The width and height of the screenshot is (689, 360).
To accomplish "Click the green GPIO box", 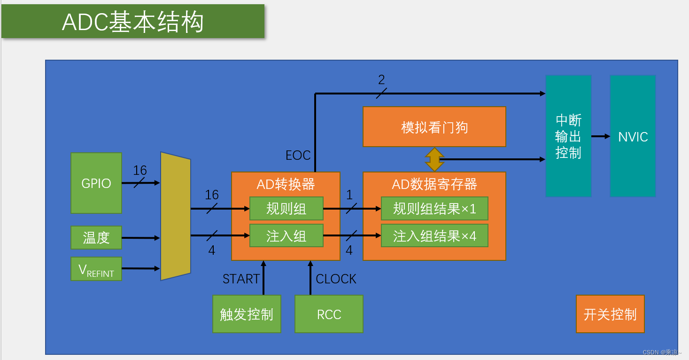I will pyautogui.click(x=96, y=183).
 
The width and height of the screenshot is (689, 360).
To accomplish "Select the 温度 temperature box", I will pyautogui.click(x=96, y=237).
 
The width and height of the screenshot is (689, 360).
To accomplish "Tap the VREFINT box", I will pyautogui.click(x=96, y=269).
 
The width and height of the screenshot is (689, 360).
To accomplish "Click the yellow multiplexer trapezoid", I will pyautogui.click(x=176, y=216).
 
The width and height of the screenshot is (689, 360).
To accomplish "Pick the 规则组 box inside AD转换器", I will pyautogui.click(x=286, y=209).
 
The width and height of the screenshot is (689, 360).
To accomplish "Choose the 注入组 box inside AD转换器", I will pyautogui.click(x=286, y=235).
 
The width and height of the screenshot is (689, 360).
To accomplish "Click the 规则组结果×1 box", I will pyautogui.click(x=434, y=209).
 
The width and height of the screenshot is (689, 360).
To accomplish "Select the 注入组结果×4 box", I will pyautogui.click(x=434, y=235).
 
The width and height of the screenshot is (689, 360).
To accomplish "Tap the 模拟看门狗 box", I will pyautogui.click(x=434, y=127).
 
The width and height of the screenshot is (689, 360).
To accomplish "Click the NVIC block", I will pyautogui.click(x=633, y=136).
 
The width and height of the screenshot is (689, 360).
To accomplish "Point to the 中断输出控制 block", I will pyautogui.click(x=568, y=136).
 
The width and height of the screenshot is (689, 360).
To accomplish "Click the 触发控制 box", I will pyautogui.click(x=247, y=314).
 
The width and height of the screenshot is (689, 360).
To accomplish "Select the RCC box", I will pyautogui.click(x=329, y=314).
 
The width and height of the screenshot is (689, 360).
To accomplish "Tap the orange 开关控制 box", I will pyautogui.click(x=610, y=314).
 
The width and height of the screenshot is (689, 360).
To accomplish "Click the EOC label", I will pyautogui.click(x=298, y=155).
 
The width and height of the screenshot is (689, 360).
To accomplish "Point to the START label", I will pyautogui.click(x=241, y=279).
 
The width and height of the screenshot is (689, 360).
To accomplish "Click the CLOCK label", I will pyautogui.click(x=336, y=279).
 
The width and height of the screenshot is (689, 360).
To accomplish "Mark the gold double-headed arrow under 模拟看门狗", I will pyautogui.click(x=434, y=159).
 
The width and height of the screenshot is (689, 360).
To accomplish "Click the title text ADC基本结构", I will pyautogui.click(x=133, y=22).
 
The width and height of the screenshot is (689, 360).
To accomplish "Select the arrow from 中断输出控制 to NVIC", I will pyautogui.click(x=600, y=136).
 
